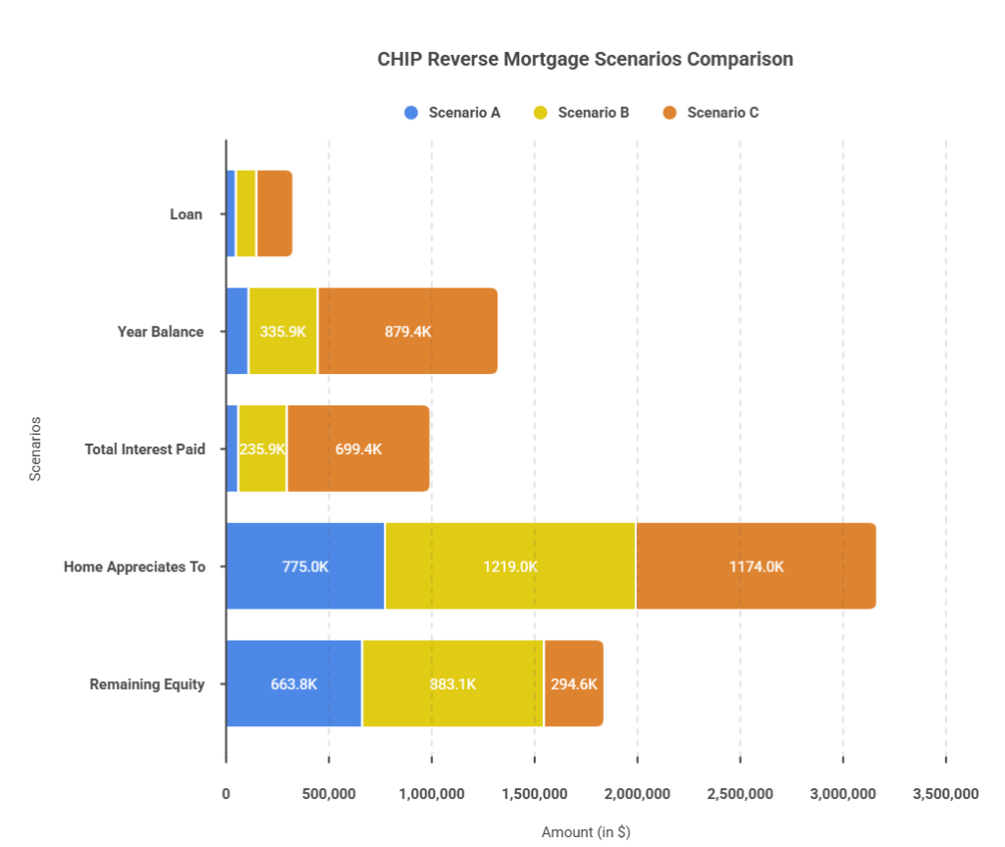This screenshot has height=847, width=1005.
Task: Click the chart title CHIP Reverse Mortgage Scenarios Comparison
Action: (585, 59)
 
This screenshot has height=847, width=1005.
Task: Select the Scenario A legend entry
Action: (451, 113)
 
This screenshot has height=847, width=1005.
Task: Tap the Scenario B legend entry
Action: (581, 113)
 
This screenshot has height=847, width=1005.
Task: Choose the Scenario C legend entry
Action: (711, 113)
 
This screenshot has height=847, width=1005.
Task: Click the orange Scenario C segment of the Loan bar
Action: (275, 214)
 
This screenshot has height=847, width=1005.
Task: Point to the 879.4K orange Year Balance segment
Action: (407, 331)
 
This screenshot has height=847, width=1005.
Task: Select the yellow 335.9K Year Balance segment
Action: (283, 331)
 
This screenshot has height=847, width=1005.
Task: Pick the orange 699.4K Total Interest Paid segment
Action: (358, 449)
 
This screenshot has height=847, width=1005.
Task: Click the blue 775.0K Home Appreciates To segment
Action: (305, 566)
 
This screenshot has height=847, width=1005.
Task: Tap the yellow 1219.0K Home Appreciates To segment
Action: (510, 566)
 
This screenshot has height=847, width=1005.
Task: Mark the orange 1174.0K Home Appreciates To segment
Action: (757, 566)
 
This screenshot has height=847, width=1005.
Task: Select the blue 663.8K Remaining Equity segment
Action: (293, 683)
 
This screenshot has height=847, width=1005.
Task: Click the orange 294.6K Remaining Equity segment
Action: (573, 683)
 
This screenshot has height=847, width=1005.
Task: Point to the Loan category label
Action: (185, 214)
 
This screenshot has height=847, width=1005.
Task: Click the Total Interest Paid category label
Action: (145, 449)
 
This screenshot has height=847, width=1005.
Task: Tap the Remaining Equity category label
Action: (147, 684)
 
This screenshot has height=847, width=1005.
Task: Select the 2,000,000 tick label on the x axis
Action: (637, 794)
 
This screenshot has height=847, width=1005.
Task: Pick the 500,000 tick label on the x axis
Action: (329, 794)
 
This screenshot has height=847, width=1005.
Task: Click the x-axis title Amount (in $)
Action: (586, 832)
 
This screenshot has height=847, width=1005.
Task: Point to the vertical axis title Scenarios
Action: (35, 449)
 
